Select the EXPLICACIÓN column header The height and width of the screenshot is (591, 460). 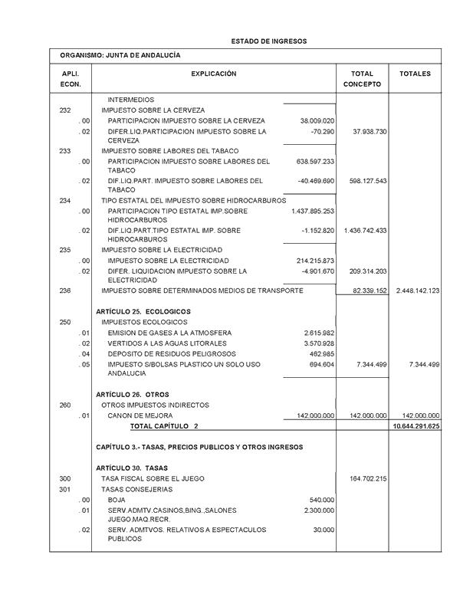pos(213,74)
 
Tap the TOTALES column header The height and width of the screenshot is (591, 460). pos(415,74)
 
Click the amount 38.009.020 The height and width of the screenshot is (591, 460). pos(316,121)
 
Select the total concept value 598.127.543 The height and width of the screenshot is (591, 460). pos(366,182)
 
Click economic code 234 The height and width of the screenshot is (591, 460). pos(65,200)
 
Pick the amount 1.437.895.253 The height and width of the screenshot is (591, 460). pos(313,211)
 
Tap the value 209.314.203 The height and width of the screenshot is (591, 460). pos(366,271)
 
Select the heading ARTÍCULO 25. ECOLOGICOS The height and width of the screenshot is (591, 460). pos(143,312)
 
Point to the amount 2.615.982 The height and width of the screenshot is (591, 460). pos(319,333)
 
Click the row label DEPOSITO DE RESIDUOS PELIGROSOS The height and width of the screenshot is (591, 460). pos(170,354)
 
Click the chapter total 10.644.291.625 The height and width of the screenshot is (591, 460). pos(415,425)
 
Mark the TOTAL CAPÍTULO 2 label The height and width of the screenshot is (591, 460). pos(164,425)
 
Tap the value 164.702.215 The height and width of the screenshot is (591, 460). pos(366,478)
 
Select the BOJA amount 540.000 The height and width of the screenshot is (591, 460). pos(321,500)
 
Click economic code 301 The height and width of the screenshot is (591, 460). pos(65,489)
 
